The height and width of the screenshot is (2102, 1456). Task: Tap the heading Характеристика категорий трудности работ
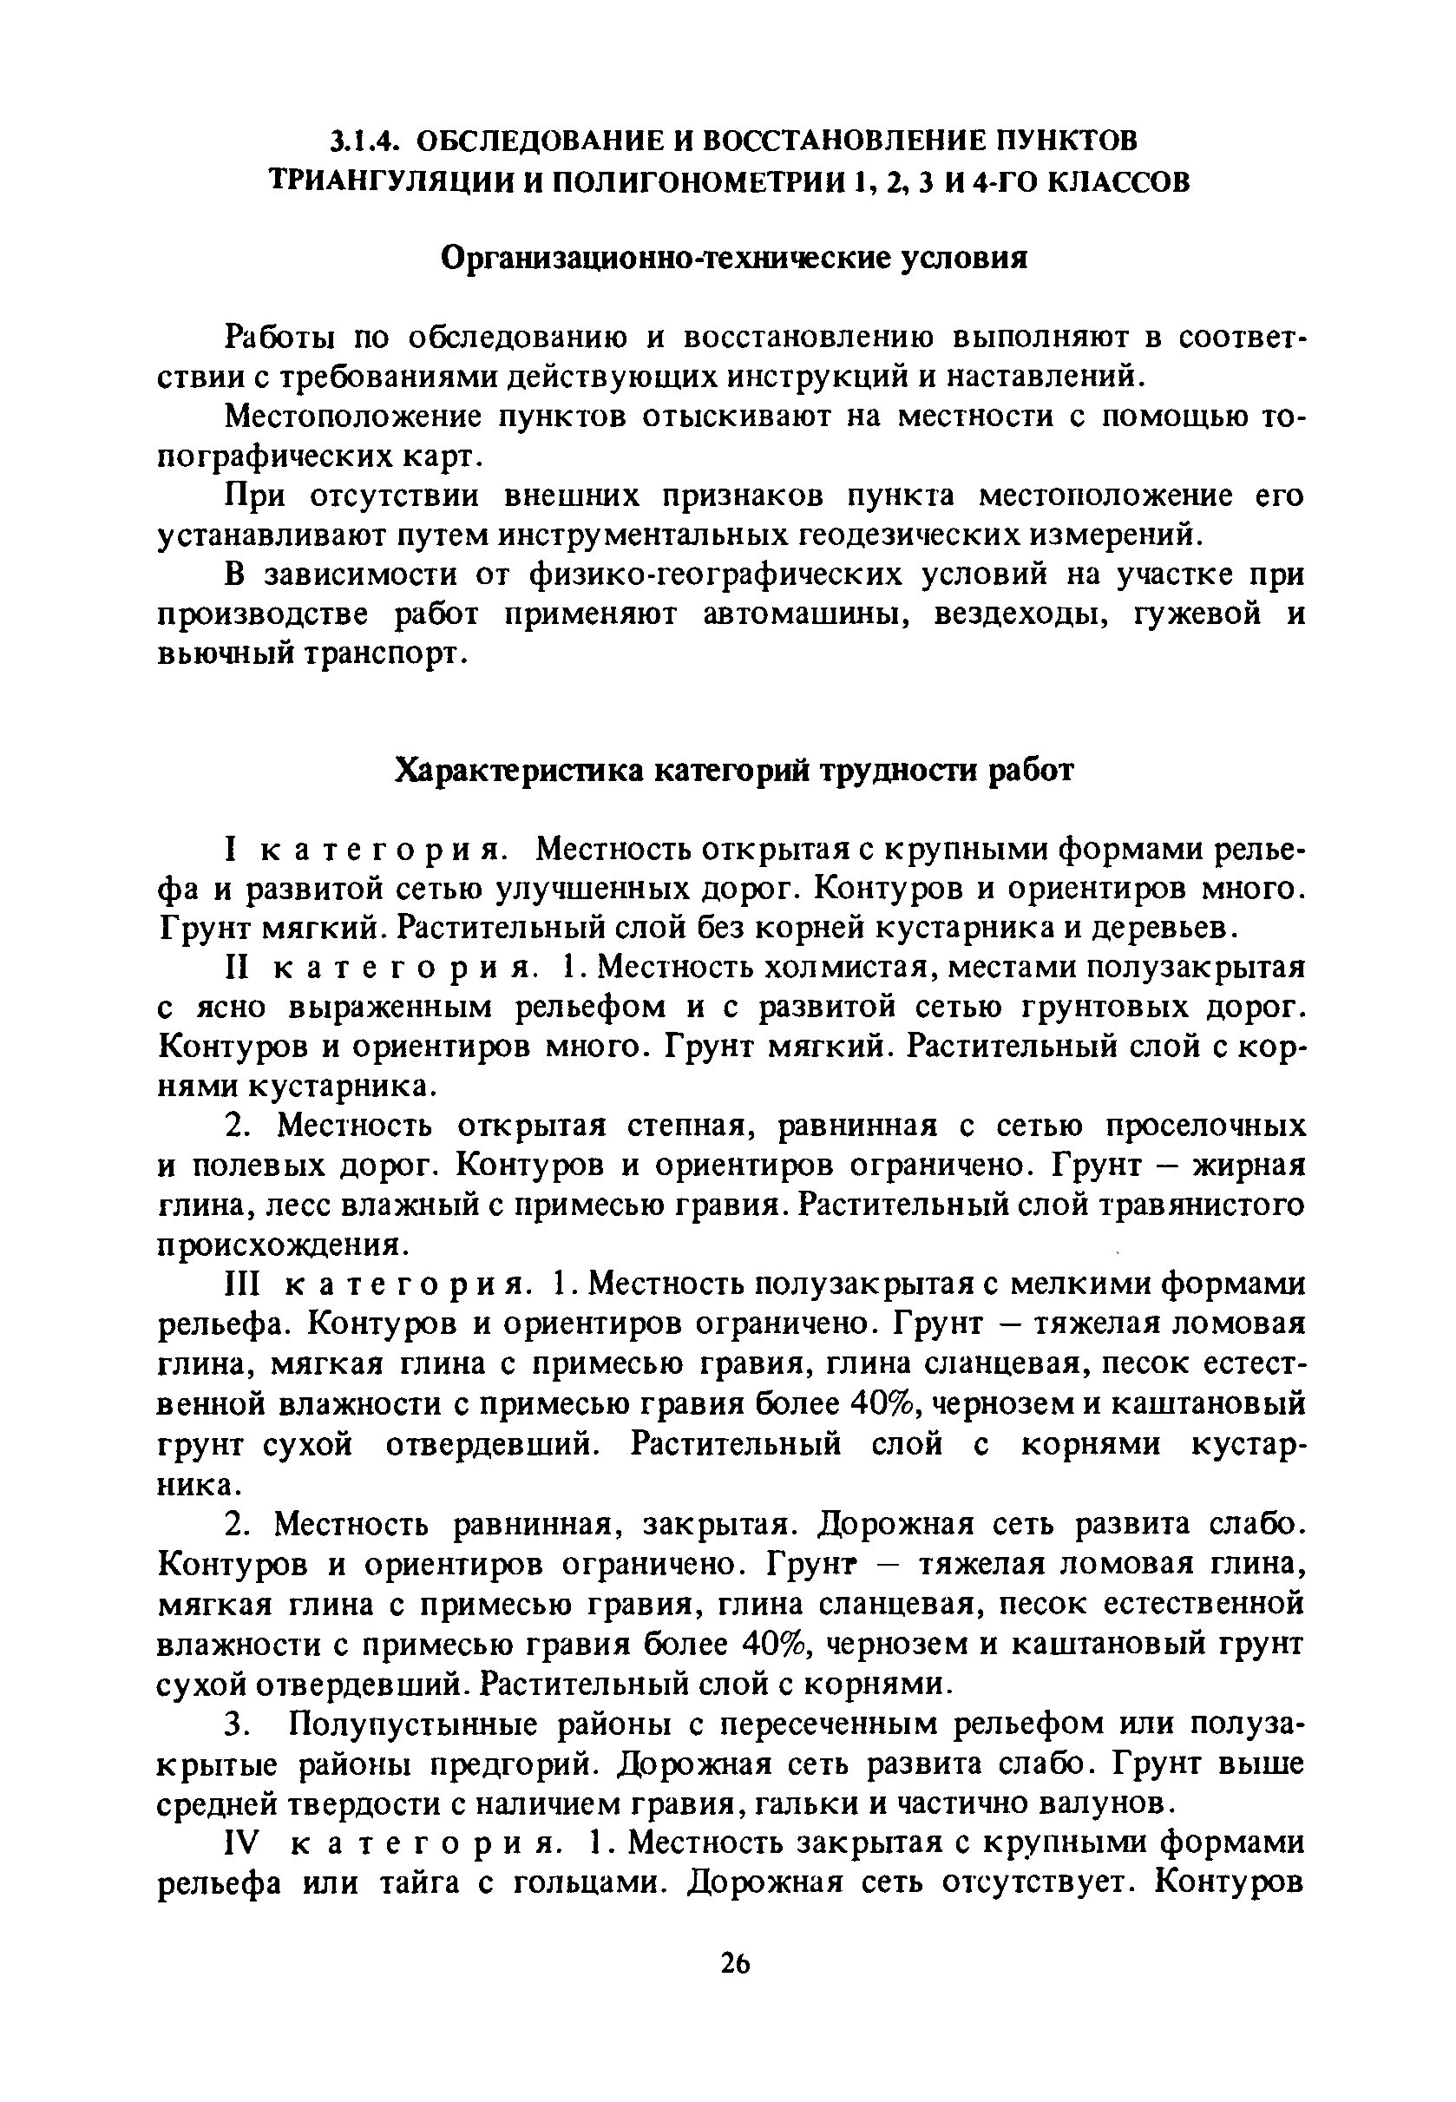pyautogui.click(x=734, y=772)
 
